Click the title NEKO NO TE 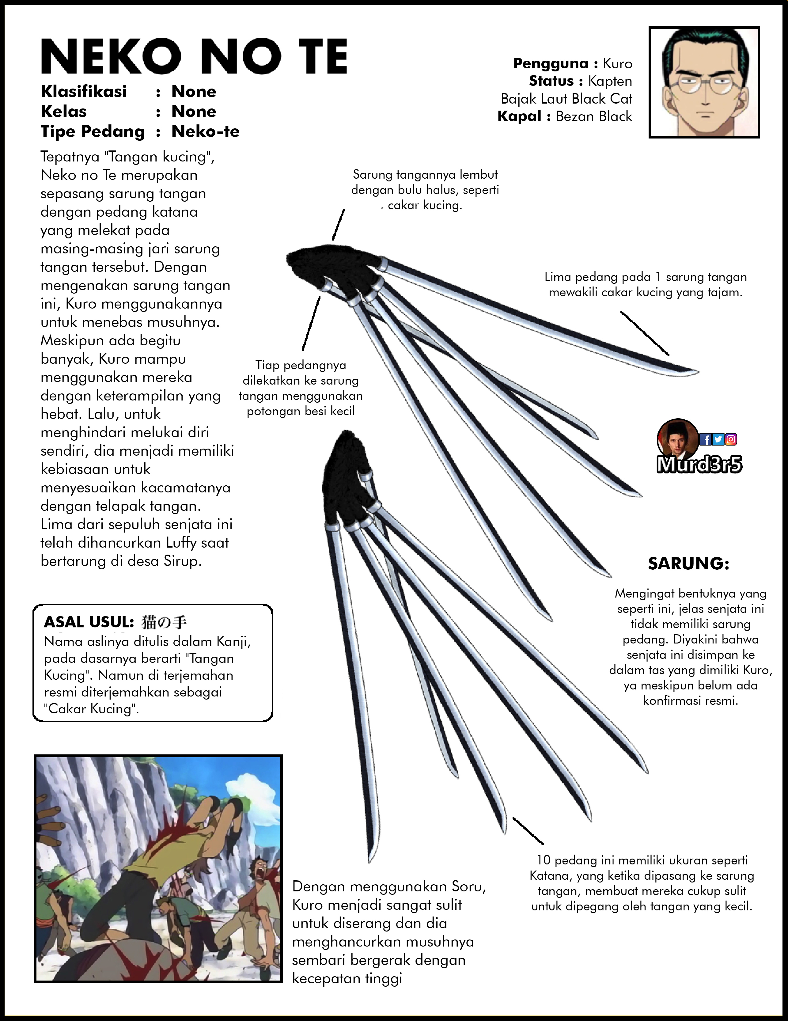(194, 57)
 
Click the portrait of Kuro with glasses (704, 82)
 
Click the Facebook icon (705, 439)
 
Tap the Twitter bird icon (718, 439)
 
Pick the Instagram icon (730, 439)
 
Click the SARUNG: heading (688, 564)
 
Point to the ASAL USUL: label (89, 622)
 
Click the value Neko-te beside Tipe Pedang (205, 132)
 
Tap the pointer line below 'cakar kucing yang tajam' (645, 333)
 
